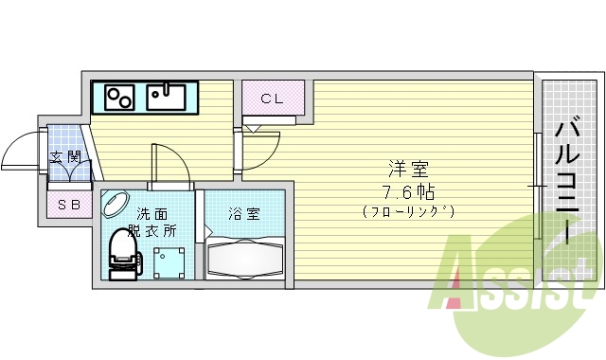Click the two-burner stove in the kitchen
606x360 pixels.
pos(118,96)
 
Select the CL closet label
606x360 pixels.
pos(272,98)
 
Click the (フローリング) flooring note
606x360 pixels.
pos(408,211)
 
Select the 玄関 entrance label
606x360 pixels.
pos(64,157)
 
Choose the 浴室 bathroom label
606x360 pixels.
pos(241,214)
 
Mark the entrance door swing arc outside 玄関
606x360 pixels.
pos(21,153)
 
